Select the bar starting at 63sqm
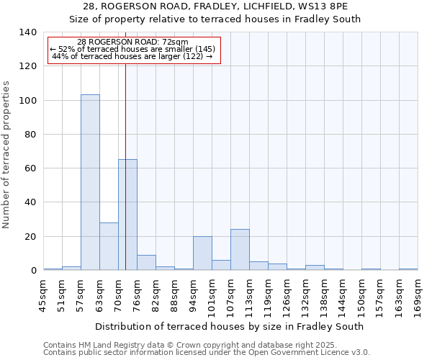pos(109,246)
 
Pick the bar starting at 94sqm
pos(202,253)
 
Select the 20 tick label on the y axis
pos(30,237)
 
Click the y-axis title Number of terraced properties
pos(6,154)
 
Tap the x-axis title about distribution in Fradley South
pos(229,326)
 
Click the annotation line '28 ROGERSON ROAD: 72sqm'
pos(132,42)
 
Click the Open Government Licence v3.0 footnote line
pos(207,353)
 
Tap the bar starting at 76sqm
pos(146,263)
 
